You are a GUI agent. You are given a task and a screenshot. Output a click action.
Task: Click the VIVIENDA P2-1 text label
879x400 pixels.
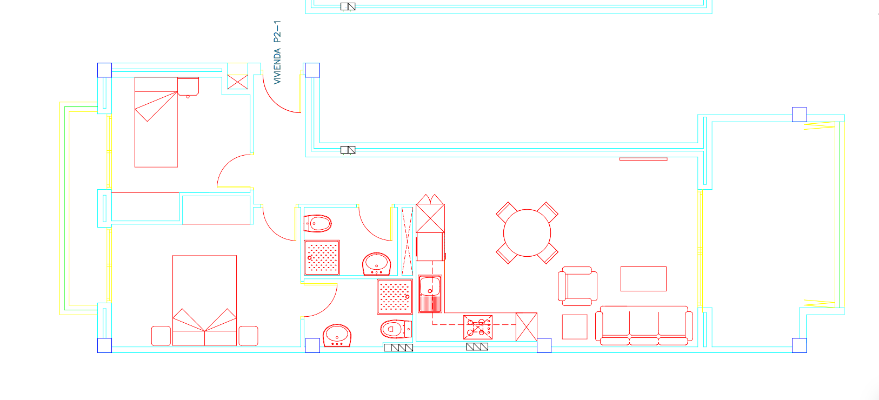click(277, 52)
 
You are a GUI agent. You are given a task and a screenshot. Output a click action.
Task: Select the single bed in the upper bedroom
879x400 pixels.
click(156, 122)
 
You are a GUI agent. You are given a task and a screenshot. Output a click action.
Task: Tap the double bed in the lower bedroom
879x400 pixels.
click(204, 301)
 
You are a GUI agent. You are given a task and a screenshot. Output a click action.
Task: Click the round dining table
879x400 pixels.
click(527, 233)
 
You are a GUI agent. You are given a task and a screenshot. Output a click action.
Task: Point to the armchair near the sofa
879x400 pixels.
click(577, 286)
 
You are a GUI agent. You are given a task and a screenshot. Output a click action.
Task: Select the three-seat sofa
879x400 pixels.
click(643, 326)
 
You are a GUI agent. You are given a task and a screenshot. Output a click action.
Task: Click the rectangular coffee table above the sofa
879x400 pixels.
click(643, 279)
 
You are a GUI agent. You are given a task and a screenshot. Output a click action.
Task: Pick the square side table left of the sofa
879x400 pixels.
click(575, 326)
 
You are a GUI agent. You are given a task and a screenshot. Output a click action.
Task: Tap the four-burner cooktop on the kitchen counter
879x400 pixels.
click(477, 327)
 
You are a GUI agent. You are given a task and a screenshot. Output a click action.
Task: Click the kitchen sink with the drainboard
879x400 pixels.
click(430, 294)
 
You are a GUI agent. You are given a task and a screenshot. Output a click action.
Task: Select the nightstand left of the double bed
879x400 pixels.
click(161, 336)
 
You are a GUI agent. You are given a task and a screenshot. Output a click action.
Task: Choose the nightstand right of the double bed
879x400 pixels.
click(248, 336)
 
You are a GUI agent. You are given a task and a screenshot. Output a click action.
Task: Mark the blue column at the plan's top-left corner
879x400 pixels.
click(104, 70)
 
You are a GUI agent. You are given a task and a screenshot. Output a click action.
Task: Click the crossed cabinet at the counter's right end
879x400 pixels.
click(526, 326)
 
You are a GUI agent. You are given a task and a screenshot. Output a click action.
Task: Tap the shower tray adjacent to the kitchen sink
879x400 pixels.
click(395, 297)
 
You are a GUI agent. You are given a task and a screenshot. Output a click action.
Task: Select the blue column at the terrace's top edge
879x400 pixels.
click(800, 115)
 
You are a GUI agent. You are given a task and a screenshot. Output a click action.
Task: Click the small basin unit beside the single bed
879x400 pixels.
click(188, 86)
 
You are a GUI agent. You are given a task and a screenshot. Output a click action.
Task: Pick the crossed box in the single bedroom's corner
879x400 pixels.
click(237, 82)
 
